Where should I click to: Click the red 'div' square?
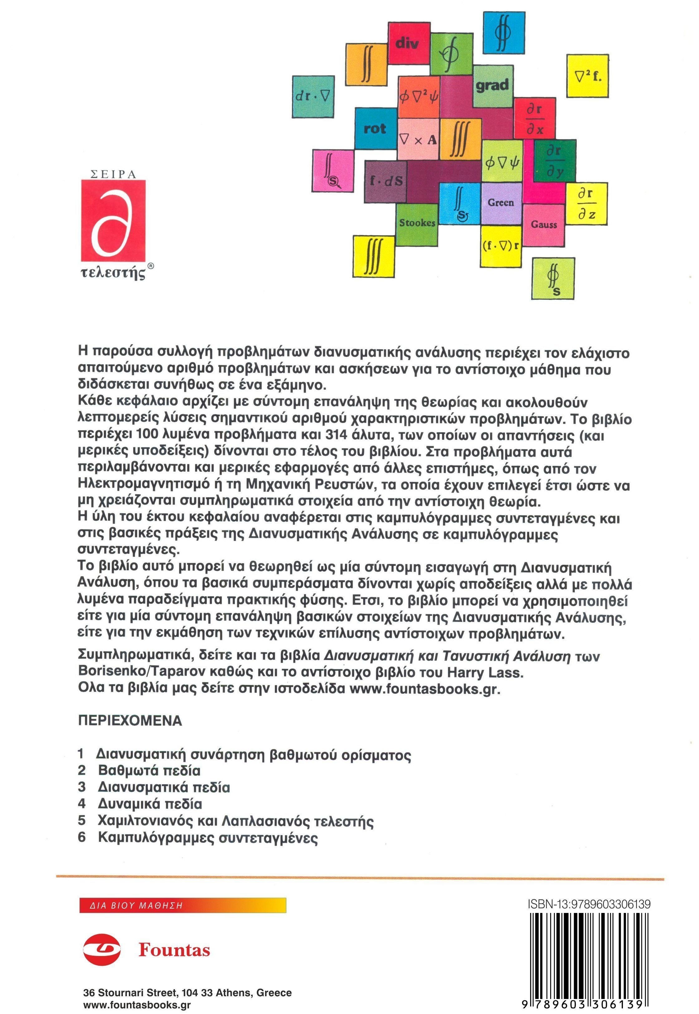(408, 43)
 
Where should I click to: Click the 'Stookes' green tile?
(417, 223)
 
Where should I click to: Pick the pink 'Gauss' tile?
(544, 225)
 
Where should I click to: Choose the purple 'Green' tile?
(501, 203)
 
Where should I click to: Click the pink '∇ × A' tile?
(418, 139)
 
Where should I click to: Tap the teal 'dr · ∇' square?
(313, 97)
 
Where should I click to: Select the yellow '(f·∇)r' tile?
(501, 246)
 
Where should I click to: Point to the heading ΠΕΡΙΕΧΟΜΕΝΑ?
(130, 721)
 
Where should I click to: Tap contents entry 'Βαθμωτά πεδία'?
(149, 770)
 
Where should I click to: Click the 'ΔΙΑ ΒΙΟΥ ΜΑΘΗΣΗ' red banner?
(183, 906)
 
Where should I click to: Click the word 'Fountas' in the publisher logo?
(174, 950)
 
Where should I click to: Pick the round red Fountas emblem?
(102, 950)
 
